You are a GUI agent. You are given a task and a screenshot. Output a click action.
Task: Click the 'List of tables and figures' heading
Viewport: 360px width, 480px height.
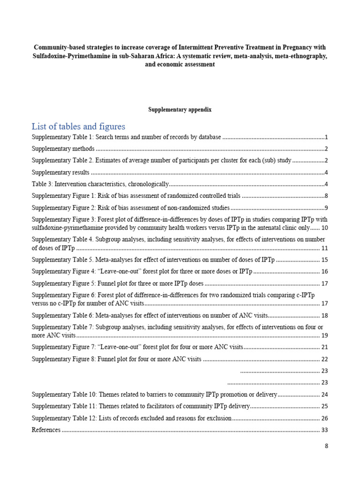pos(78,127)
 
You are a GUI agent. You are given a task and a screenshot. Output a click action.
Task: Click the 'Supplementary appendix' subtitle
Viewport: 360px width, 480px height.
pos(180,109)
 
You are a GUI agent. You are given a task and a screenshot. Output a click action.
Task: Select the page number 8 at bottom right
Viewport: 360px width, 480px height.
pos(327,446)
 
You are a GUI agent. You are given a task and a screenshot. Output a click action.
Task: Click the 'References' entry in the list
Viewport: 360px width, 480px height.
pos(46,430)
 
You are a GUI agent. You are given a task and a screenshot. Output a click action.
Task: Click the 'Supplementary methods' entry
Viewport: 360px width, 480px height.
pos(63,149)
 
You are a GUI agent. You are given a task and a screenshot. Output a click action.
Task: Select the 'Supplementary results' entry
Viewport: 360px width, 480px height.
pos(60,172)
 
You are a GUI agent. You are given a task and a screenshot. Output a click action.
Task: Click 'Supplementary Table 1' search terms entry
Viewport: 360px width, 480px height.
pos(126,137)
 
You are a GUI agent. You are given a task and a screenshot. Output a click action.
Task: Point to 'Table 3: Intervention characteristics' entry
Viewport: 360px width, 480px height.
pos(99,184)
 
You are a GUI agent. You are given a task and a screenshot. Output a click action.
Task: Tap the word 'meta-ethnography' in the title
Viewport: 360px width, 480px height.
pos(301,56)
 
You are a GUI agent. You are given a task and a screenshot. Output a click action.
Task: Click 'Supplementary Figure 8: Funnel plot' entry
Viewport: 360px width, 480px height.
pos(116,359)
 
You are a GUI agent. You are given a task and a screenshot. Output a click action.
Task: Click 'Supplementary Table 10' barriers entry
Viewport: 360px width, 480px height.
pos(154,395)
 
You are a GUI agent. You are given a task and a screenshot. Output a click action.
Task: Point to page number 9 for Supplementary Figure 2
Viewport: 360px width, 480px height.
pos(326,207)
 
